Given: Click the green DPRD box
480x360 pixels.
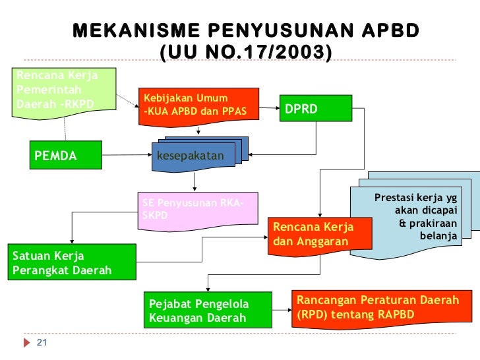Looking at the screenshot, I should (x=315, y=109).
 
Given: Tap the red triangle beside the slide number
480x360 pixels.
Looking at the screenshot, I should (x=27, y=343).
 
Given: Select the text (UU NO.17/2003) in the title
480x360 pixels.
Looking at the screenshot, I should (x=245, y=50).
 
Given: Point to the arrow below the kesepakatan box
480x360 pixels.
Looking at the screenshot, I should (x=195, y=181).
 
